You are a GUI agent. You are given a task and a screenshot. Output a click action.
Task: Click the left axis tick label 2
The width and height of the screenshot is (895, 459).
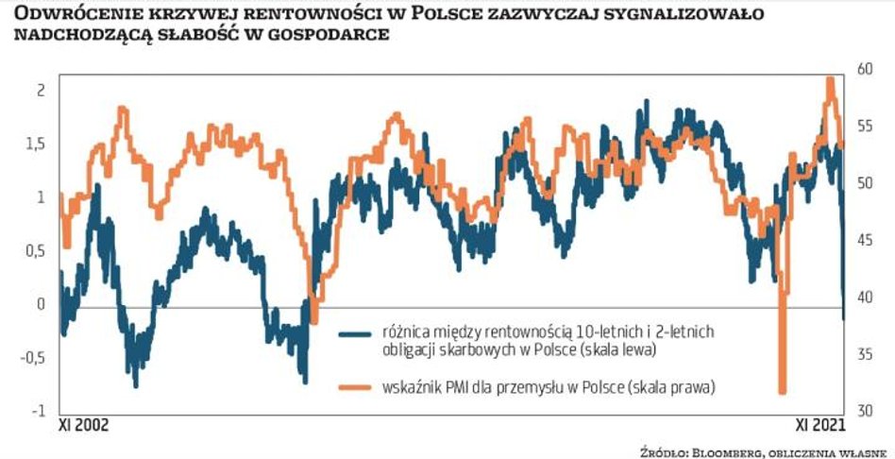40,90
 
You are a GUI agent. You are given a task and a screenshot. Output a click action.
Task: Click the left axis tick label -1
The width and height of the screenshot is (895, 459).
38,411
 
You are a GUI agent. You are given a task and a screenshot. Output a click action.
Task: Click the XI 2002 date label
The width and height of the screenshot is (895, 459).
84,427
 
